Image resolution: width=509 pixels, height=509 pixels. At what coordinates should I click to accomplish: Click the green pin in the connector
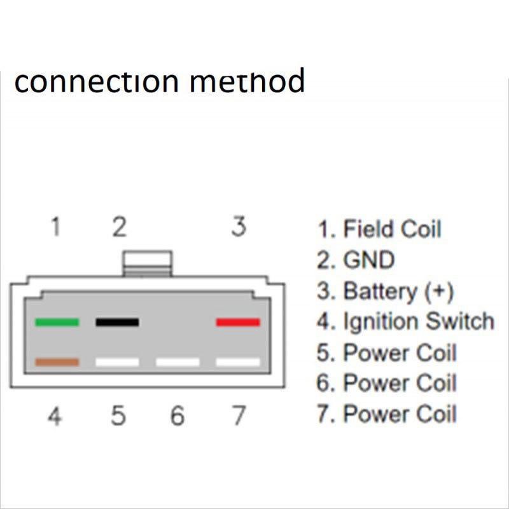pos(57,323)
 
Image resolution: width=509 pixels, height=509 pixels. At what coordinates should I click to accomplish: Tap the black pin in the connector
pos(117,323)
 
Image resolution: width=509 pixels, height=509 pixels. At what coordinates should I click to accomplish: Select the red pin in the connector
pos(238,323)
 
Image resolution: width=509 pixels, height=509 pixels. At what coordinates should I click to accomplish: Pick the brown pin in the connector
pos(57,362)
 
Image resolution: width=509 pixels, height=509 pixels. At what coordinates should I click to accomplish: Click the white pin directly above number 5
pos(117,362)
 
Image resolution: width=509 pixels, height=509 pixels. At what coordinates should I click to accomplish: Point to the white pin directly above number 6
pos(178,362)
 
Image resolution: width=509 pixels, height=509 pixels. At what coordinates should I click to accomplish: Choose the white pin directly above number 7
pos(238,362)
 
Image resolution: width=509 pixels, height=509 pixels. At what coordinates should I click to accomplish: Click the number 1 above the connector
pos(57,227)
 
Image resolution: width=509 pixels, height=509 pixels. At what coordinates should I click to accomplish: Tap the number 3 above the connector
pos(238,227)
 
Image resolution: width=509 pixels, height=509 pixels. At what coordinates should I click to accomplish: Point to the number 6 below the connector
pos(178,417)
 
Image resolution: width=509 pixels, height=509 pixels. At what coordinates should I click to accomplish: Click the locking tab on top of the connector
pos(148,263)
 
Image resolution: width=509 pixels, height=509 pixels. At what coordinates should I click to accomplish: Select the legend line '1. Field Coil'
pos(379,229)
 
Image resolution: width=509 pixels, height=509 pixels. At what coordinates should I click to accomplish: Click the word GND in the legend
pos(369,260)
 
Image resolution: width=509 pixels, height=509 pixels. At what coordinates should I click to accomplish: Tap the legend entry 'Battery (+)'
pos(398,291)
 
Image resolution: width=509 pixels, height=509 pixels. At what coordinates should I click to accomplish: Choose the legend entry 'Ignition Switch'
pos(418,322)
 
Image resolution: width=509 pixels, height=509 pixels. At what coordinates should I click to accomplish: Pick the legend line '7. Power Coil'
pos(387,414)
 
